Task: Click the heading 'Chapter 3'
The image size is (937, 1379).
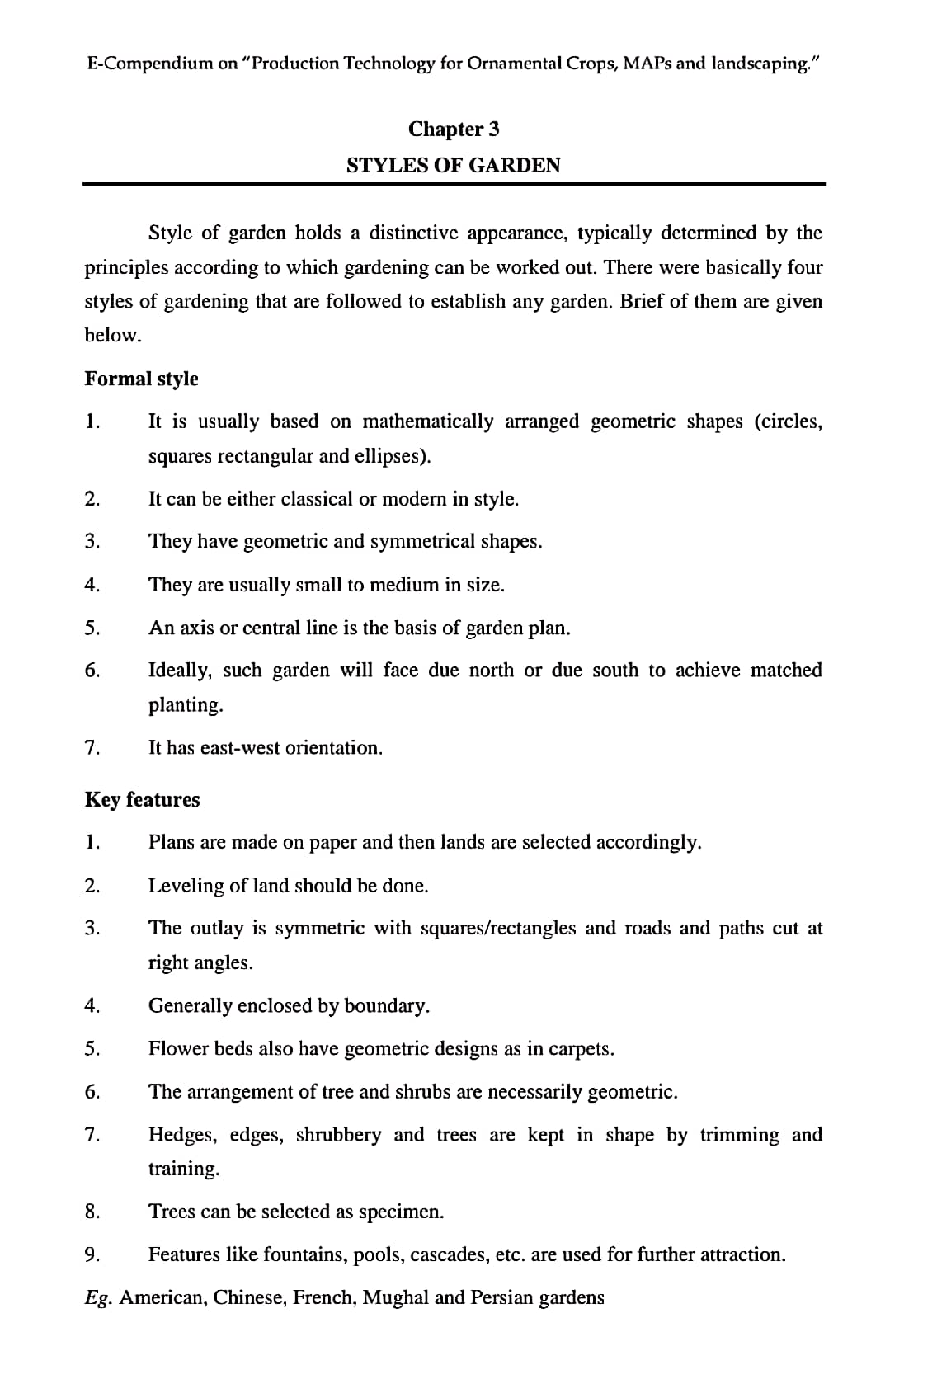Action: (x=454, y=129)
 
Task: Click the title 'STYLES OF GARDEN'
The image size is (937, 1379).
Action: (x=454, y=165)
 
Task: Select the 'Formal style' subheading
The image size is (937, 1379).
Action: (x=141, y=379)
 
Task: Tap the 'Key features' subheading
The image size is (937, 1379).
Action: (x=142, y=799)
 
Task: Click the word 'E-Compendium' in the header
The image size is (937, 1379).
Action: (x=146, y=63)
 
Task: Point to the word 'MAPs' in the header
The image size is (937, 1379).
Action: (x=647, y=63)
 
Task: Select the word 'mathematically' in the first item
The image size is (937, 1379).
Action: (x=427, y=421)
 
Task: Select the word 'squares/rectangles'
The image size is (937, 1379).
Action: (x=497, y=928)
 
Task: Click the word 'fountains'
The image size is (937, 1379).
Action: (x=304, y=1254)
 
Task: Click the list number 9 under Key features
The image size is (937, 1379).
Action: (x=92, y=1254)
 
